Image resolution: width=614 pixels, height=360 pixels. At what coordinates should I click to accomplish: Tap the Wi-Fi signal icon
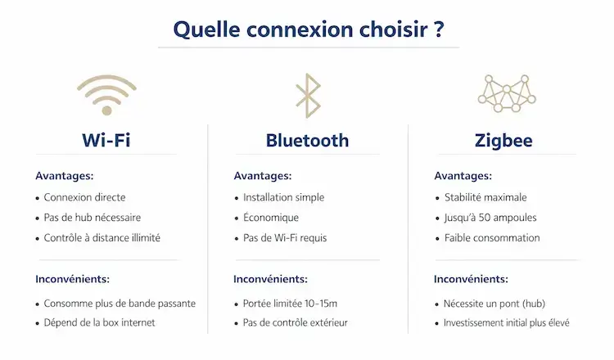(x=106, y=95)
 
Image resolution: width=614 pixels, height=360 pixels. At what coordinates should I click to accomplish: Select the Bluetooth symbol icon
(x=307, y=96)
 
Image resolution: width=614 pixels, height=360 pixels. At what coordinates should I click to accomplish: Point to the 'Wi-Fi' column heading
(x=106, y=140)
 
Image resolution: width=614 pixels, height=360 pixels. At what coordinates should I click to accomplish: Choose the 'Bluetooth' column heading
(x=307, y=140)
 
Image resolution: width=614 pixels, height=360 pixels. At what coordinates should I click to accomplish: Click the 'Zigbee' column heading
(x=503, y=140)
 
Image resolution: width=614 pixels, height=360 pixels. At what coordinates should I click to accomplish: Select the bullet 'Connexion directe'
(x=84, y=197)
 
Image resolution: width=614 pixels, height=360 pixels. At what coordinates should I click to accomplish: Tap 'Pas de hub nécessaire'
(x=92, y=218)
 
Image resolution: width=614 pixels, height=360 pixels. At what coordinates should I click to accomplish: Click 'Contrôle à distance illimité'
(x=102, y=238)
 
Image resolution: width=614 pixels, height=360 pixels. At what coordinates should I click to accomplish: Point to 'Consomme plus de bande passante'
(x=120, y=303)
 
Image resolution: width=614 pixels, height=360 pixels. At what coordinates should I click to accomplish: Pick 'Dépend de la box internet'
(x=99, y=322)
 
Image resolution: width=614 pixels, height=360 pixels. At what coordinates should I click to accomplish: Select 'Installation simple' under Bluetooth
(x=283, y=197)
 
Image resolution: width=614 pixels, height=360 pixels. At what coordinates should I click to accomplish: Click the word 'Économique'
(x=271, y=218)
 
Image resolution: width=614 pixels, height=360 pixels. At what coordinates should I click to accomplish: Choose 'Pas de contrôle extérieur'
(x=296, y=322)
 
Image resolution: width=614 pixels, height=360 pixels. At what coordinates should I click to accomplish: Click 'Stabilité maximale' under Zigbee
(x=485, y=197)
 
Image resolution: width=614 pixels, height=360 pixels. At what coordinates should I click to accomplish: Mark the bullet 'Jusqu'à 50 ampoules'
(x=490, y=218)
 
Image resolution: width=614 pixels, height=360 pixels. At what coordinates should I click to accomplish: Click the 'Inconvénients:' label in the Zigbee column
(x=471, y=279)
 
